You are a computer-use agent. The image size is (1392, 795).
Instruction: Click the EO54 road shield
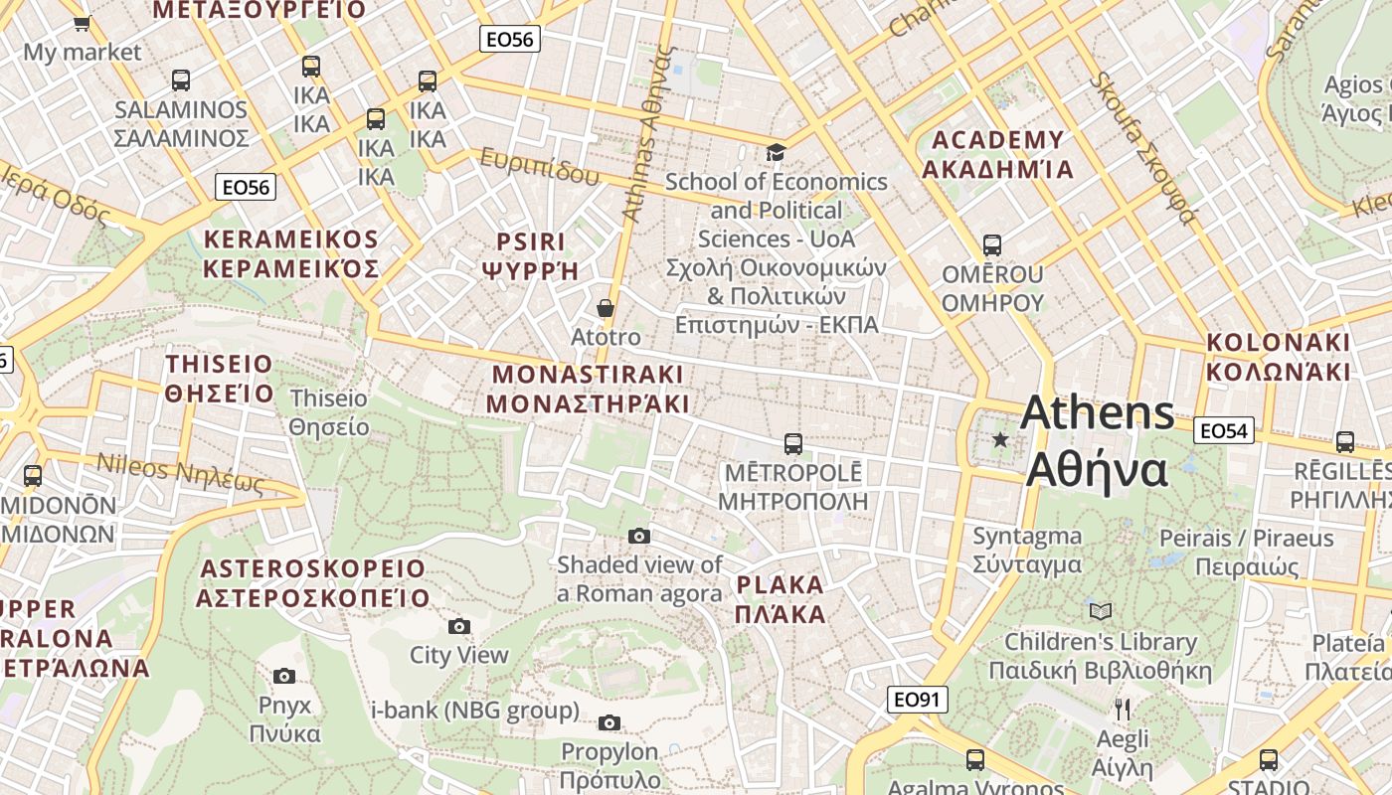click(x=1223, y=430)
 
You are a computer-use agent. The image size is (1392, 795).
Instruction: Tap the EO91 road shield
click(x=916, y=700)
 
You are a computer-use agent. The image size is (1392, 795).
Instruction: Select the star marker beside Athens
click(x=1000, y=439)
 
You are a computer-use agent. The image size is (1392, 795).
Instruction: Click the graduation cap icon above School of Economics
click(x=776, y=152)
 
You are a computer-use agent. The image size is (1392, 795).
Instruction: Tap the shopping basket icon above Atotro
click(x=605, y=308)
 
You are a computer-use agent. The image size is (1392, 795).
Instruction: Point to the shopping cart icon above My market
click(x=83, y=23)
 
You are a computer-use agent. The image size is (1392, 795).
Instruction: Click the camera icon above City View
click(x=458, y=626)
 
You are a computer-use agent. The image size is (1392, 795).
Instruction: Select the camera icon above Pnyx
click(x=284, y=677)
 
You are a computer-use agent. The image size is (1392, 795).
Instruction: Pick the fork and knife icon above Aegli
click(x=1123, y=709)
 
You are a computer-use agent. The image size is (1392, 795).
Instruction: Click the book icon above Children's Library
click(x=1100, y=611)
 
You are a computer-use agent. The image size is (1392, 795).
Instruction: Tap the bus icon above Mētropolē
click(x=792, y=443)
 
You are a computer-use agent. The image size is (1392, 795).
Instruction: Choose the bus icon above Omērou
click(x=991, y=244)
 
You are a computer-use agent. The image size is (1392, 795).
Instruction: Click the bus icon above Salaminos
click(x=180, y=80)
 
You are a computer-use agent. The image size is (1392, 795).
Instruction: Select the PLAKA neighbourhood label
click(x=781, y=599)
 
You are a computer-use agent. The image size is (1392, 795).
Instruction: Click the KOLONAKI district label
click(x=1279, y=357)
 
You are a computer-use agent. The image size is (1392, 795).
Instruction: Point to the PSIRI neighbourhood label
click(x=530, y=256)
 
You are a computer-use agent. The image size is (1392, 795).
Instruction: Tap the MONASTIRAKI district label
click(x=588, y=389)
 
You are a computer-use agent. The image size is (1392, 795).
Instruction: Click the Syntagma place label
click(x=1027, y=550)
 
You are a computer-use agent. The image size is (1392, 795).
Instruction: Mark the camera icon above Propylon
click(x=609, y=722)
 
